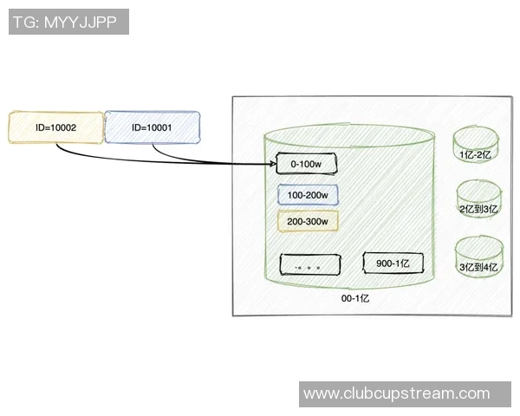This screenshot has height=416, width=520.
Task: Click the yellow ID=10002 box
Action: tap(56, 127)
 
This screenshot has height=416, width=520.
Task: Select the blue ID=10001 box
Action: tap(152, 127)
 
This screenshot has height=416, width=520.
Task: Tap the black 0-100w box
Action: tap(305, 163)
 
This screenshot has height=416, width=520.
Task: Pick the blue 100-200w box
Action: tap(308, 195)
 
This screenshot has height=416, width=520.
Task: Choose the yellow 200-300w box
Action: tap(308, 221)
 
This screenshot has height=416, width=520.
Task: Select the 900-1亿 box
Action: tap(393, 263)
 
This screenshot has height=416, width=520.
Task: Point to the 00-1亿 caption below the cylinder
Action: tap(354, 297)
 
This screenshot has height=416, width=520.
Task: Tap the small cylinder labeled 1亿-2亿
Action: tap(475, 146)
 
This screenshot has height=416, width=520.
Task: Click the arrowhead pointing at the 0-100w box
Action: tap(270, 163)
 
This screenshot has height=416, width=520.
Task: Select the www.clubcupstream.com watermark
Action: tap(408, 393)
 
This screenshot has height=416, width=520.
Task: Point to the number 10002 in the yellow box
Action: tap(64, 127)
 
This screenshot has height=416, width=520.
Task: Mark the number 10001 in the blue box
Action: tap(159, 127)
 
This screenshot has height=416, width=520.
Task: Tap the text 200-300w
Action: tap(308, 221)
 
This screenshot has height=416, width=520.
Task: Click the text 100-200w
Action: tap(308, 195)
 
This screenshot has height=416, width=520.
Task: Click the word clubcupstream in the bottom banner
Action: tap(406, 393)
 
